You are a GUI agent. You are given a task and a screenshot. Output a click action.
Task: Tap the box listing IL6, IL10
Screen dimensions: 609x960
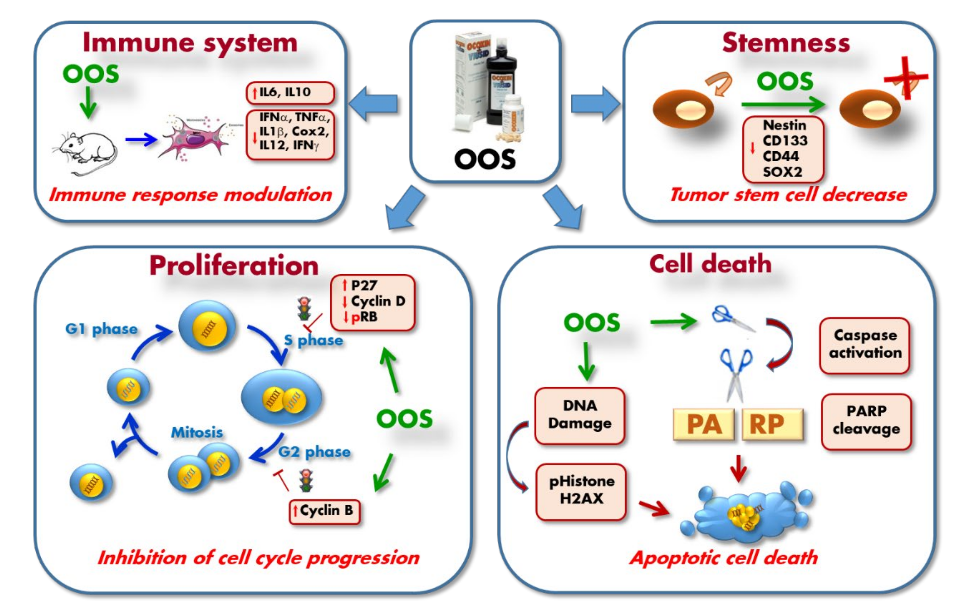[x=290, y=92]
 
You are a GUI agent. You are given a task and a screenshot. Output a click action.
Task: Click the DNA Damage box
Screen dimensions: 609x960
[x=579, y=415]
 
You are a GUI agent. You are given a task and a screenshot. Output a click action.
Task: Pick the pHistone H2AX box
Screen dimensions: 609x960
[x=581, y=491]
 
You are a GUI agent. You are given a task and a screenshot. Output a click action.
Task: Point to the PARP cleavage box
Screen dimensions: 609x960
[x=866, y=421]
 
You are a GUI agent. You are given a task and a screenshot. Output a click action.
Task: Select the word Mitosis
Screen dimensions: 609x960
[x=197, y=432]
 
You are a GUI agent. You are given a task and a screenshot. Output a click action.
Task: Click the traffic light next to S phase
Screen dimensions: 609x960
[x=305, y=309]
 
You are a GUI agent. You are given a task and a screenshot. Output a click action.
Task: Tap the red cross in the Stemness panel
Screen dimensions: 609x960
[x=906, y=78]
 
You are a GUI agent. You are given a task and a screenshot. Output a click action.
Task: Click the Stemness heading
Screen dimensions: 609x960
[x=785, y=43]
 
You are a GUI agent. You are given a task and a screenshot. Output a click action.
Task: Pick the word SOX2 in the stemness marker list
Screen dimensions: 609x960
[x=782, y=172]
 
